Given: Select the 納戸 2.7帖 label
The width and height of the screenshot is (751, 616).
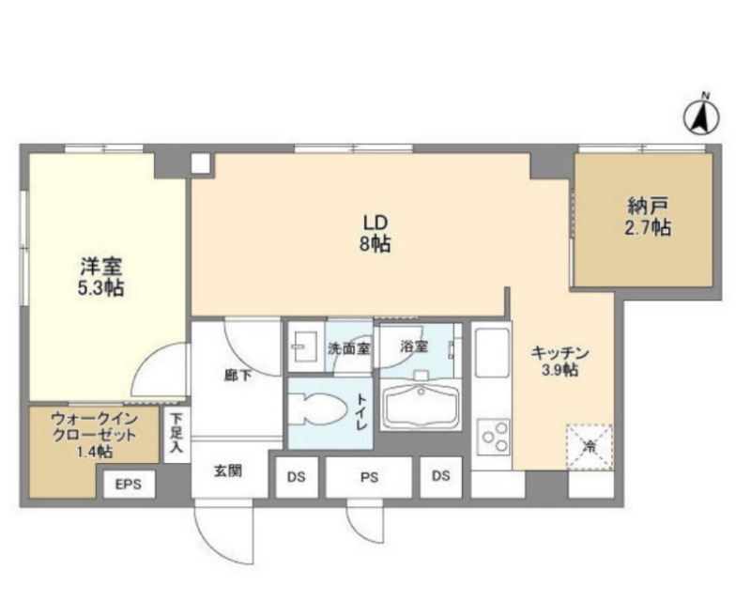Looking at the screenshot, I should [649, 217].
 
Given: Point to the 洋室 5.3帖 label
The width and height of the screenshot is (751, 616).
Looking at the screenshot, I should [100, 277].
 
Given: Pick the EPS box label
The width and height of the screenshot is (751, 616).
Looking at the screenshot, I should [128, 485].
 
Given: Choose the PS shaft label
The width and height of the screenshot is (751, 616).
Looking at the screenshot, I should [369, 477].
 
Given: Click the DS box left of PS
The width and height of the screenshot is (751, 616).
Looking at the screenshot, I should [297, 477].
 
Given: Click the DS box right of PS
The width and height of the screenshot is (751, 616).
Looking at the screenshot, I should [441, 477].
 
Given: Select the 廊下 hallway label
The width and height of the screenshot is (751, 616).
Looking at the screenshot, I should [237, 375].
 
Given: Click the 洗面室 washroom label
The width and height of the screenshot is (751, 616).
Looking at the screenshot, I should [348, 347].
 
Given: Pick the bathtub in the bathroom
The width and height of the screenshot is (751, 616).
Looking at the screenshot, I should [421, 406].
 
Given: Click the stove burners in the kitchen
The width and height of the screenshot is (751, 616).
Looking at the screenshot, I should [494, 437].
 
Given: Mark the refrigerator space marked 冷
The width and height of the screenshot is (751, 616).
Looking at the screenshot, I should [589, 446].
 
